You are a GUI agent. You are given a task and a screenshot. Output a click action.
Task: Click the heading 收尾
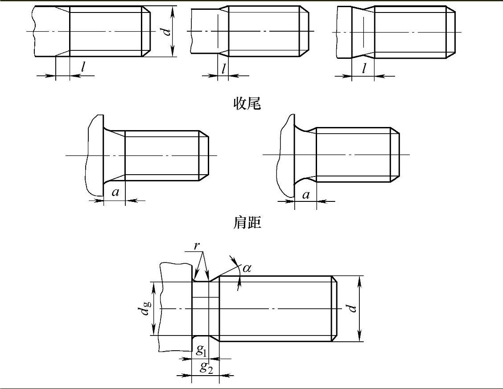(247, 103)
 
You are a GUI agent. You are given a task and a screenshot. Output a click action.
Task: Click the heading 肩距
(247, 222)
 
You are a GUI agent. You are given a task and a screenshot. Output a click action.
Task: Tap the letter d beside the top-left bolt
(166, 32)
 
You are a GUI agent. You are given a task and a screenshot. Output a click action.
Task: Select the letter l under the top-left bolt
(83, 67)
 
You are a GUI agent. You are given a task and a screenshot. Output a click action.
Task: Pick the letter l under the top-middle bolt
(223, 68)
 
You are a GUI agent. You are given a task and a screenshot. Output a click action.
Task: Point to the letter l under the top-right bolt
(364, 68)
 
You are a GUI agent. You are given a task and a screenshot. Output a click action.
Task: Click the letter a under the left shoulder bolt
(115, 192)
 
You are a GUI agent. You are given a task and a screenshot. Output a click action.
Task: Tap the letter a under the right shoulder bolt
(306, 194)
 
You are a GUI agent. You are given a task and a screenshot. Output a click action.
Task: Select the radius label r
(197, 246)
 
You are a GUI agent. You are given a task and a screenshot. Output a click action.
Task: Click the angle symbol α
(247, 267)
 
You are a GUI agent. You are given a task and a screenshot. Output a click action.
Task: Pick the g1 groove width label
(201, 350)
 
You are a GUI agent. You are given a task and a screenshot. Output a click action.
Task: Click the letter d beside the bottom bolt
(352, 308)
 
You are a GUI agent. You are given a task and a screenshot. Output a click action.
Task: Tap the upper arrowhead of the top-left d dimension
(173, 10)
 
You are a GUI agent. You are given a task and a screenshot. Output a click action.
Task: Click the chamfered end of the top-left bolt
(146, 31)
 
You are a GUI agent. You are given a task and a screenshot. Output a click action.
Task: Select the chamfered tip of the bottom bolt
(334, 308)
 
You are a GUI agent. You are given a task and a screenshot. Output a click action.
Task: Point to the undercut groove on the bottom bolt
(200, 309)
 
